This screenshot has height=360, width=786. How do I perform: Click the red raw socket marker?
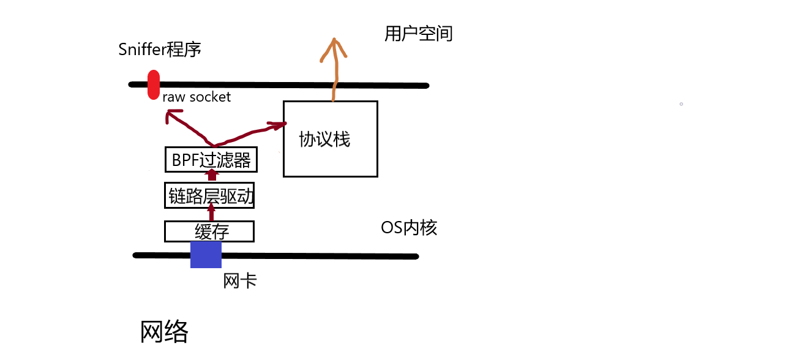154,85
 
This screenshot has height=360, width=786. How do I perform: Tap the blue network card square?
206,255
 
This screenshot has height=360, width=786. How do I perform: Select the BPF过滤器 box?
211,160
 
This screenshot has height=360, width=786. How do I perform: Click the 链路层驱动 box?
210,197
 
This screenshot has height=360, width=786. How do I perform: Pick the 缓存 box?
209,232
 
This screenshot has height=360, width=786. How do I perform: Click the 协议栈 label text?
324,140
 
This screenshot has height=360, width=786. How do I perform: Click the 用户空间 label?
419,34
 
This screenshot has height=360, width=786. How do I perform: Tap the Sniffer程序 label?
160,50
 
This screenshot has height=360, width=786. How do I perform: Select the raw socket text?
196,97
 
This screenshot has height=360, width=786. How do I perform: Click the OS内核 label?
409,228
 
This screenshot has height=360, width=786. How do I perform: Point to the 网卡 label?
240,282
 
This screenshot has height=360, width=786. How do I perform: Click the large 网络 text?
164,332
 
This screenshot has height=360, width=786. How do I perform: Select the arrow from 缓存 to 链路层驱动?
212,212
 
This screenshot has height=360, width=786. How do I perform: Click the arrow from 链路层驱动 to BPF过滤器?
212,176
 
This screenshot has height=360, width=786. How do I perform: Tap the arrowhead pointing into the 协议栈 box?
278,126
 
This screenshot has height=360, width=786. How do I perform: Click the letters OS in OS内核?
391,228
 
